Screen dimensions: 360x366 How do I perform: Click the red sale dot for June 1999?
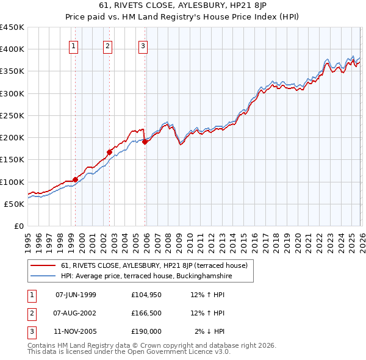[x=76, y=179]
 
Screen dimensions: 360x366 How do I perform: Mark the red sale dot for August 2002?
[x=110, y=152]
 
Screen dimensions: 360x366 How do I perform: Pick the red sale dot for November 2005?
[x=145, y=142]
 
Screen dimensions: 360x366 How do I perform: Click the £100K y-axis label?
[x=12, y=182]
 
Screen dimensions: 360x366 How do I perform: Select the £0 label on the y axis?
[x=18, y=226]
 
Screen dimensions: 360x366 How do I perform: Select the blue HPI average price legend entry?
[x=146, y=276]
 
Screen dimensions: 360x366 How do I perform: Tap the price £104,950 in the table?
[x=146, y=295]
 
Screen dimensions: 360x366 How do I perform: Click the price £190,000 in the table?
[x=146, y=332]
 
